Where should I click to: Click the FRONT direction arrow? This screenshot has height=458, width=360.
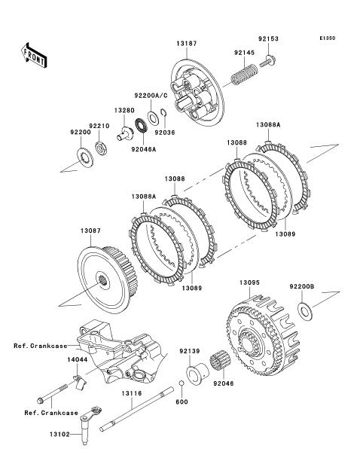[x=34, y=56]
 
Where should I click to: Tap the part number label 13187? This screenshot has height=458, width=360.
[x=187, y=44]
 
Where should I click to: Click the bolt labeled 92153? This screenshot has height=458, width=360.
[x=268, y=62]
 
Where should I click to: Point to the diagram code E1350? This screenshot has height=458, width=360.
[x=328, y=38]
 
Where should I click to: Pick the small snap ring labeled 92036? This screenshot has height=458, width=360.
[x=163, y=112]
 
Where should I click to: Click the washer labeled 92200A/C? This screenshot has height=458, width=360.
[x=152, y=118]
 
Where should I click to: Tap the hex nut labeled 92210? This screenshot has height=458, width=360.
[x=101, y=148]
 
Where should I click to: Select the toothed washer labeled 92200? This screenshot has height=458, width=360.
[x=85, y=158]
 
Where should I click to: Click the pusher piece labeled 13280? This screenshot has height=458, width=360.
[x=125, y=133]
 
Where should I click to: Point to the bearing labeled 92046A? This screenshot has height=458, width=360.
[x=142, y=127]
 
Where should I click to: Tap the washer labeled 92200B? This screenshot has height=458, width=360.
[x=305, y=311]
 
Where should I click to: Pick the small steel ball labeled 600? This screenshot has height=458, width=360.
[x=181, y=383]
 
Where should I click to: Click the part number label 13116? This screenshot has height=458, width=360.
[x=132, y=393]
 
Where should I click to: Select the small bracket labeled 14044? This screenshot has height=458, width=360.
[x=79, y=382]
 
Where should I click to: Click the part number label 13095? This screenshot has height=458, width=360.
[x=249, y=282]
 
